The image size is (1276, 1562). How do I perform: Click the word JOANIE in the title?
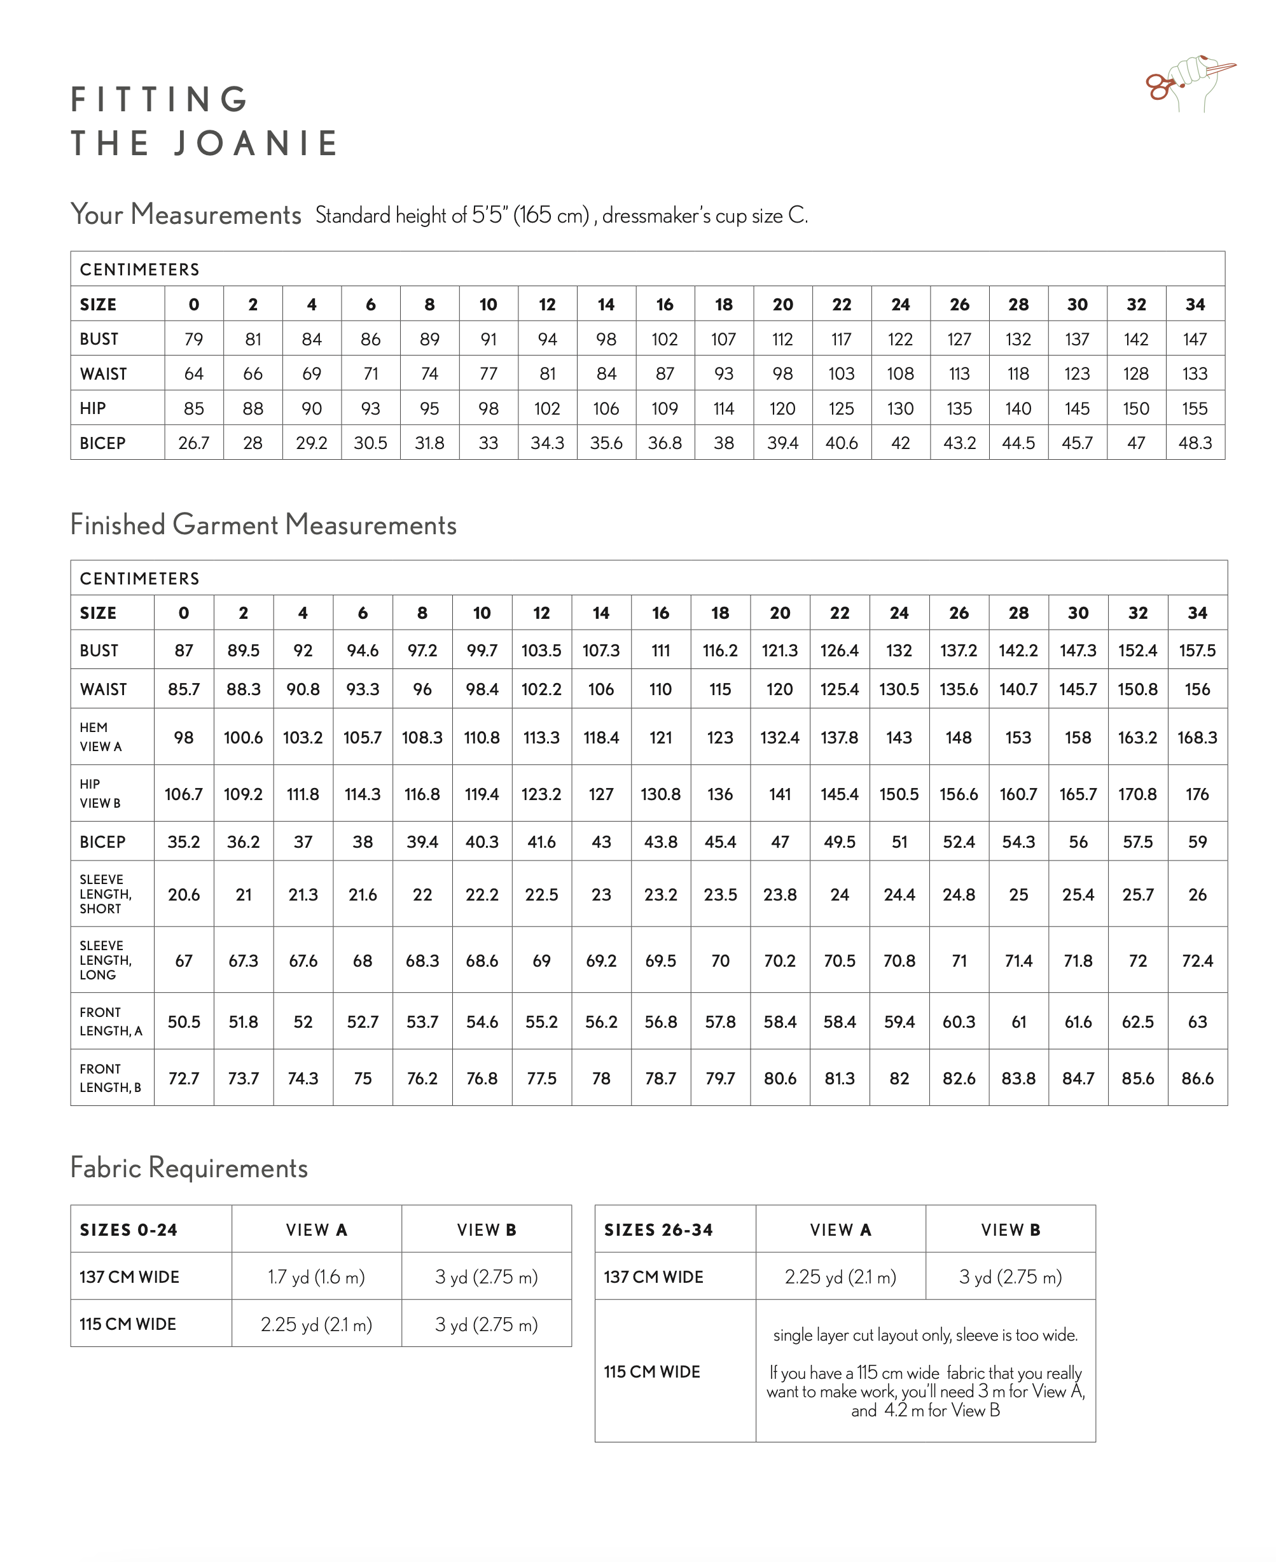pos(256,143)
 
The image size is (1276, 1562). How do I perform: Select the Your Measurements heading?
pos(186,214)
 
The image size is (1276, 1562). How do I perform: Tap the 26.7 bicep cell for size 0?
pos(193,443)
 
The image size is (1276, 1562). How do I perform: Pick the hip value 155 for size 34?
pos(1195,408)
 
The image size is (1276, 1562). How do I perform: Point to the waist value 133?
pos(1195,374)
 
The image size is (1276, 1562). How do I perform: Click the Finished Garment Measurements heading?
pos(263,525)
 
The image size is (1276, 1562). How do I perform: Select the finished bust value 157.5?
pos(1196,650)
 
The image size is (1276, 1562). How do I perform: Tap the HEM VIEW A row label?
pos(101,736)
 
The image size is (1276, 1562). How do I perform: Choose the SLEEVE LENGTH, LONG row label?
pos(106,960)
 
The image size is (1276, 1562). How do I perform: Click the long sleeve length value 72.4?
pos(1196,960)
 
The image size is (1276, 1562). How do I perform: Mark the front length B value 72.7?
pos(183,1078)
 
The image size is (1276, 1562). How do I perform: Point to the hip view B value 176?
pos(1196,794)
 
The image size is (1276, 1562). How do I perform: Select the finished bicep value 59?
pos(1196,841)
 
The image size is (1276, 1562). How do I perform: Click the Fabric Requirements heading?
pos(189,1168)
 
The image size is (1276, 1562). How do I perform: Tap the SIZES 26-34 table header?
pos(658,1230)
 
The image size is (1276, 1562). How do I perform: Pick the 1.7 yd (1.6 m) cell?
pos(316,1277)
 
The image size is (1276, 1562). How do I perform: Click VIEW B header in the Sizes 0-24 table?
pos(486,1230)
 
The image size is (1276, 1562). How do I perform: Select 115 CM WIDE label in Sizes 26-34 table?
pos(651,1372)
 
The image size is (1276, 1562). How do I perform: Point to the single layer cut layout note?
pos(925,1335)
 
